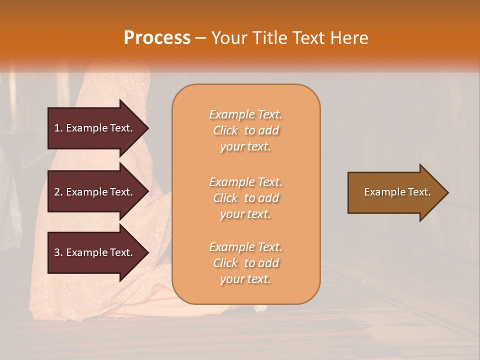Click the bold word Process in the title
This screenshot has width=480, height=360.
coord(157,38)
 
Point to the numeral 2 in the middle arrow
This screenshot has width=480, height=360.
coord(57,192)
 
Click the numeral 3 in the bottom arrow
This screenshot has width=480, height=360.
coord(57,252)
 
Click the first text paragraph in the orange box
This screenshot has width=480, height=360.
coord(245,130)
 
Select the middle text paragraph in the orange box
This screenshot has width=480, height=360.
coord(245,198)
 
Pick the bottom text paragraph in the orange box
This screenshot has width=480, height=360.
coord(245,263)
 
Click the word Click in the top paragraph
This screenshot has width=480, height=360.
coord(225,130)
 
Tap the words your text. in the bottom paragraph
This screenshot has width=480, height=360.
coord(245,279)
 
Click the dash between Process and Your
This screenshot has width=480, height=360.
coord(201,38)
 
